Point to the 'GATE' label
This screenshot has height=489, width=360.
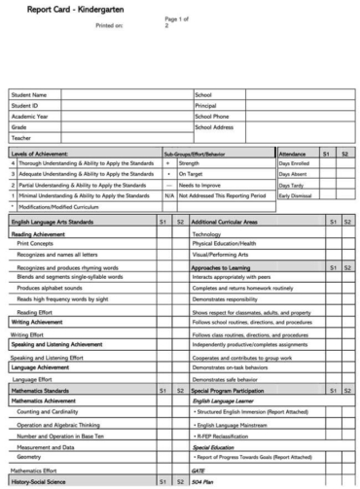[200, 468]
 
